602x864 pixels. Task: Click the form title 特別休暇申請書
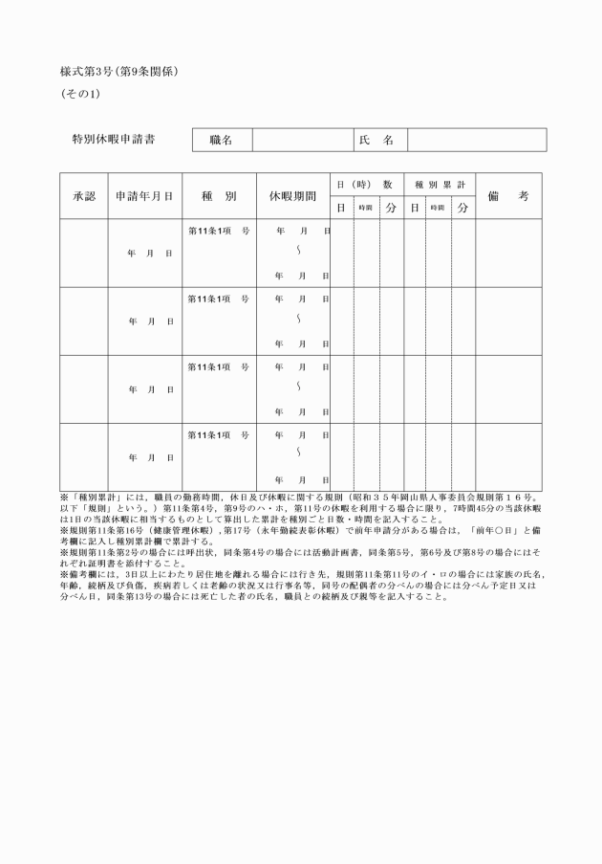114,140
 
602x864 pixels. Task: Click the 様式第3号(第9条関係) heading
119,72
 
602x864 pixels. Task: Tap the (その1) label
80,94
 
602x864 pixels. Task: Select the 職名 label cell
222,141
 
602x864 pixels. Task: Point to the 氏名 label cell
376,141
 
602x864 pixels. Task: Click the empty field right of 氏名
477,141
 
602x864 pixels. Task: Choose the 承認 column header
84,196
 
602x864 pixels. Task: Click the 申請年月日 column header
143,196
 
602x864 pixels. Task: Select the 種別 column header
219,196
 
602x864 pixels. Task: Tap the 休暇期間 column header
292,196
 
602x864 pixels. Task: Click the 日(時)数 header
366,184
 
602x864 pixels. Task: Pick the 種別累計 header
439,184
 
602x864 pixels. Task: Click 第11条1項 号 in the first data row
219,232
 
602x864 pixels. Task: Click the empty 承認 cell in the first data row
84,253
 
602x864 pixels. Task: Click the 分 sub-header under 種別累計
463,208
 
